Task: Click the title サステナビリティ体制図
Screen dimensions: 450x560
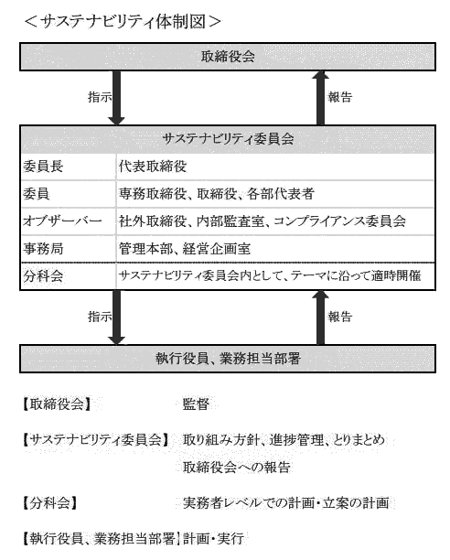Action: [123, 22]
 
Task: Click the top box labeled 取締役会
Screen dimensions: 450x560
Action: [228, 57]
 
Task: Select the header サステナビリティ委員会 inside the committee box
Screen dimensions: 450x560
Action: [228, 139]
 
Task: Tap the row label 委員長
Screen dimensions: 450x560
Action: [43, 167]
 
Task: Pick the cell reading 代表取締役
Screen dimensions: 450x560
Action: [153, 167]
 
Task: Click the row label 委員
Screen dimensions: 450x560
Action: [36, 194]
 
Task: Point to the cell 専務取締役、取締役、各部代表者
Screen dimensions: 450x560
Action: [216, 194]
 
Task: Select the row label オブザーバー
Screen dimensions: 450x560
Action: [62, 221]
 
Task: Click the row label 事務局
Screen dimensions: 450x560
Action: [43, 249]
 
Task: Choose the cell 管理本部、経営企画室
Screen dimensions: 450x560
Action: [185, 249]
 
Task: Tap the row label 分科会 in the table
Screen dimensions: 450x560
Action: [43, 275]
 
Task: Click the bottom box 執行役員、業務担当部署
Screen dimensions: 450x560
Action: [228, 359]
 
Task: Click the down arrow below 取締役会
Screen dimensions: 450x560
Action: [116, 98]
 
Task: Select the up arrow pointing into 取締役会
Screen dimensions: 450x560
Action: [320, 98]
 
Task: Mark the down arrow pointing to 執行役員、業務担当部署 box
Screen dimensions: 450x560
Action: [116, 318]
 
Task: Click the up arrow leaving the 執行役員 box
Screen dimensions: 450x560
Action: [320, 318]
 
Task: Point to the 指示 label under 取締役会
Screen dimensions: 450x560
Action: [100, 97]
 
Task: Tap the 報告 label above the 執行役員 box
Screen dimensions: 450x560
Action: [340, 317]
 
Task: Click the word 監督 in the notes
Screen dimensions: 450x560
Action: [196, 404]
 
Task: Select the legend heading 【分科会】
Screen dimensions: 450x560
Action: [50, 503]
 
